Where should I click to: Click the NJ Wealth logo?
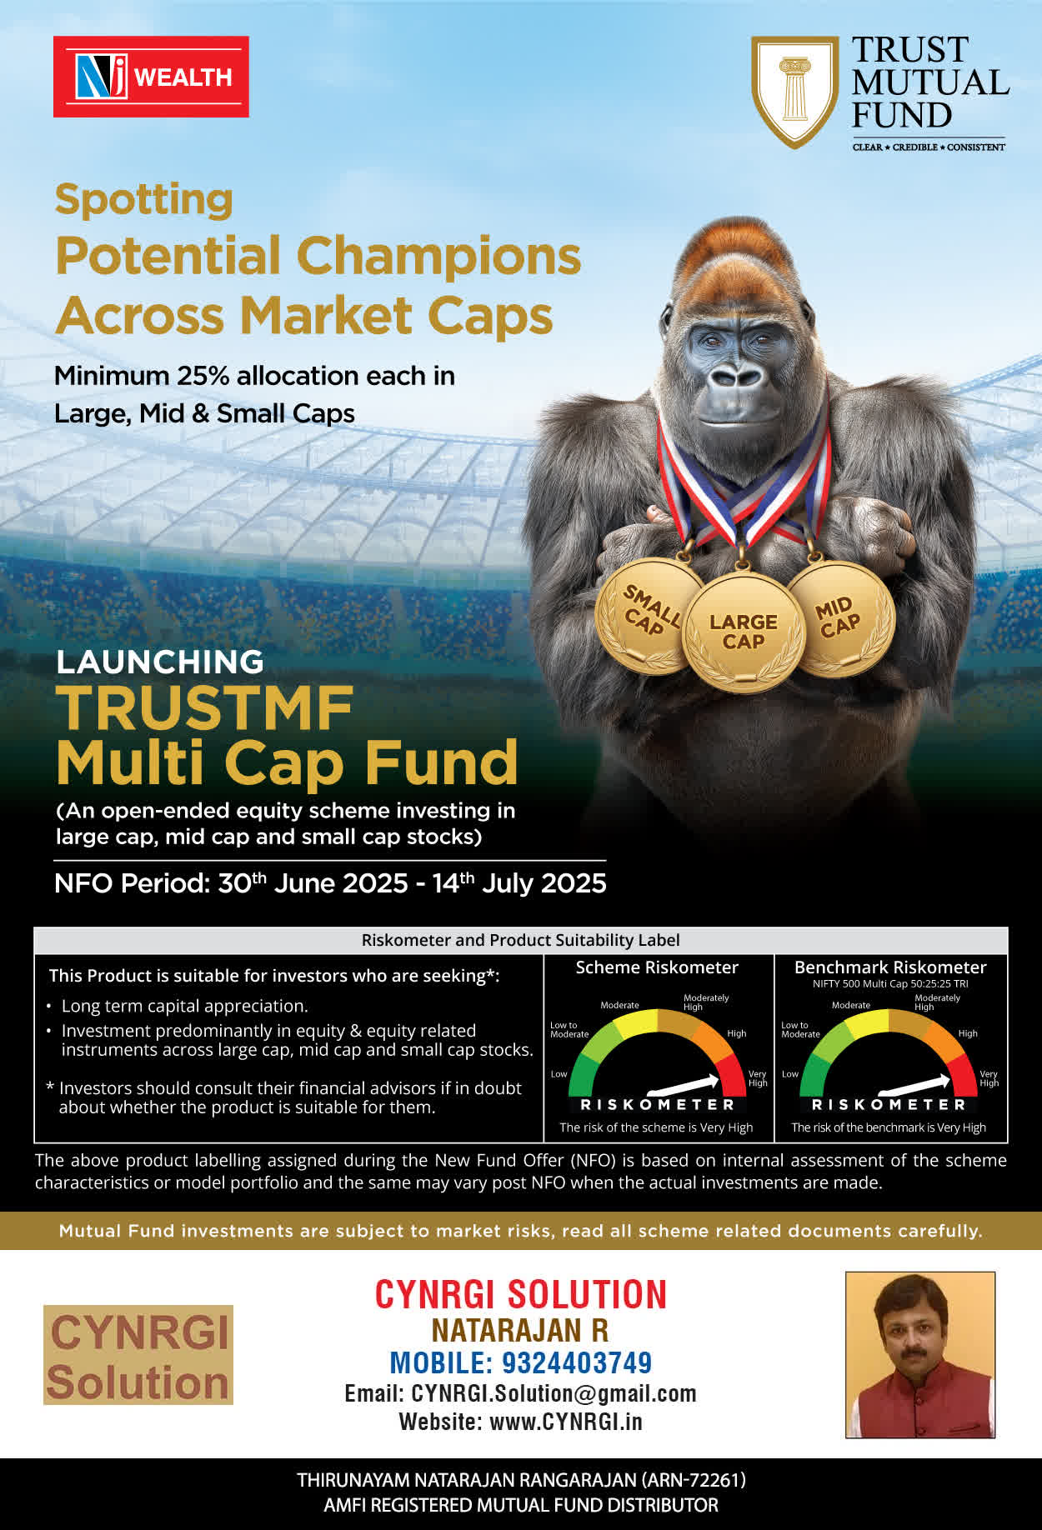click(151, 77)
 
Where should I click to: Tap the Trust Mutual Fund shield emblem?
click(794, 92)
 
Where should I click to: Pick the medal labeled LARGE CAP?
click(744, 632)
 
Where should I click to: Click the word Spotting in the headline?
click(144, 200)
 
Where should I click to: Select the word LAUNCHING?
click(160, 662)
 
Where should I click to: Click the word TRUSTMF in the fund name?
click(205, 708)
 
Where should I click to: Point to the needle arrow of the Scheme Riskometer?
click(683, 1085)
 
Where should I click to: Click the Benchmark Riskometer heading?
click(890, 967)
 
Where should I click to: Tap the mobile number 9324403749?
click(577, 1362)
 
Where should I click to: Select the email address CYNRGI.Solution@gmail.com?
click(554, 1393)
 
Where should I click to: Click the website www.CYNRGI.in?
click(566, 1422)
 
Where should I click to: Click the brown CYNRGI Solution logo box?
click(138, 1355)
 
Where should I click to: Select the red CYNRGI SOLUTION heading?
click(521, 1294)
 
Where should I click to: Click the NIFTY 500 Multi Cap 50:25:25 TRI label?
click(890, 984)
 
